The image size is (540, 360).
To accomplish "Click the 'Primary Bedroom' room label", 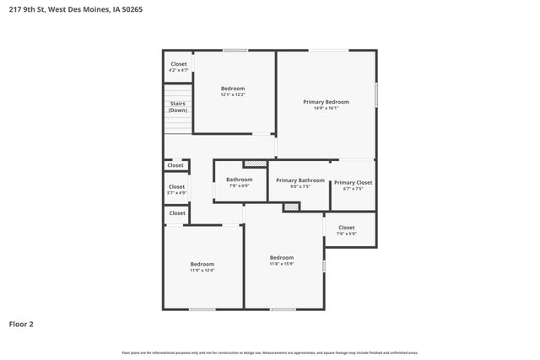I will coord(326,102).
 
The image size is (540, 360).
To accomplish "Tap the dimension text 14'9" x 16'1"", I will coord(326,108).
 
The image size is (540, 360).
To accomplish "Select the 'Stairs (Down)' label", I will coord(177,107).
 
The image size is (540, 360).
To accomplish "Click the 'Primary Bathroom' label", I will coord(300,180).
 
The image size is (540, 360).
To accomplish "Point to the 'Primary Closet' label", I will coord(353,182).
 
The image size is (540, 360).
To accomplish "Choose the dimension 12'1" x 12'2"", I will coord(233,94).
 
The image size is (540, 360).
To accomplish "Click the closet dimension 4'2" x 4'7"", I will coord(178,70).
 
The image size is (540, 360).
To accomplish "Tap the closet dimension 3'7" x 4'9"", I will coord(176,192).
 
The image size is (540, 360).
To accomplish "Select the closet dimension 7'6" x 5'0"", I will coord(347,234).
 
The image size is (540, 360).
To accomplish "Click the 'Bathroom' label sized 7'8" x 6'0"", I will coord(239,179).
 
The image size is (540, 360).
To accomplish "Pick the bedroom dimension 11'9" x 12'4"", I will coord(202,270).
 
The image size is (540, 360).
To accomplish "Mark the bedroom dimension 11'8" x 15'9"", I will coord(282,263).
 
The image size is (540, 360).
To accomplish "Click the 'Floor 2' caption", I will coord(21,324).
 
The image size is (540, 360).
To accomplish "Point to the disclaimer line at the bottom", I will coord(269,352).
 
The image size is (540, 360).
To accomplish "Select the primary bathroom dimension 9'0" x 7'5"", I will coord(300,186).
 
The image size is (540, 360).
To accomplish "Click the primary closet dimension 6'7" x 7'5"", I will coord(353,189).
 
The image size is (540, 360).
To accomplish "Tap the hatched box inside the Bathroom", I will coord(254,164).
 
